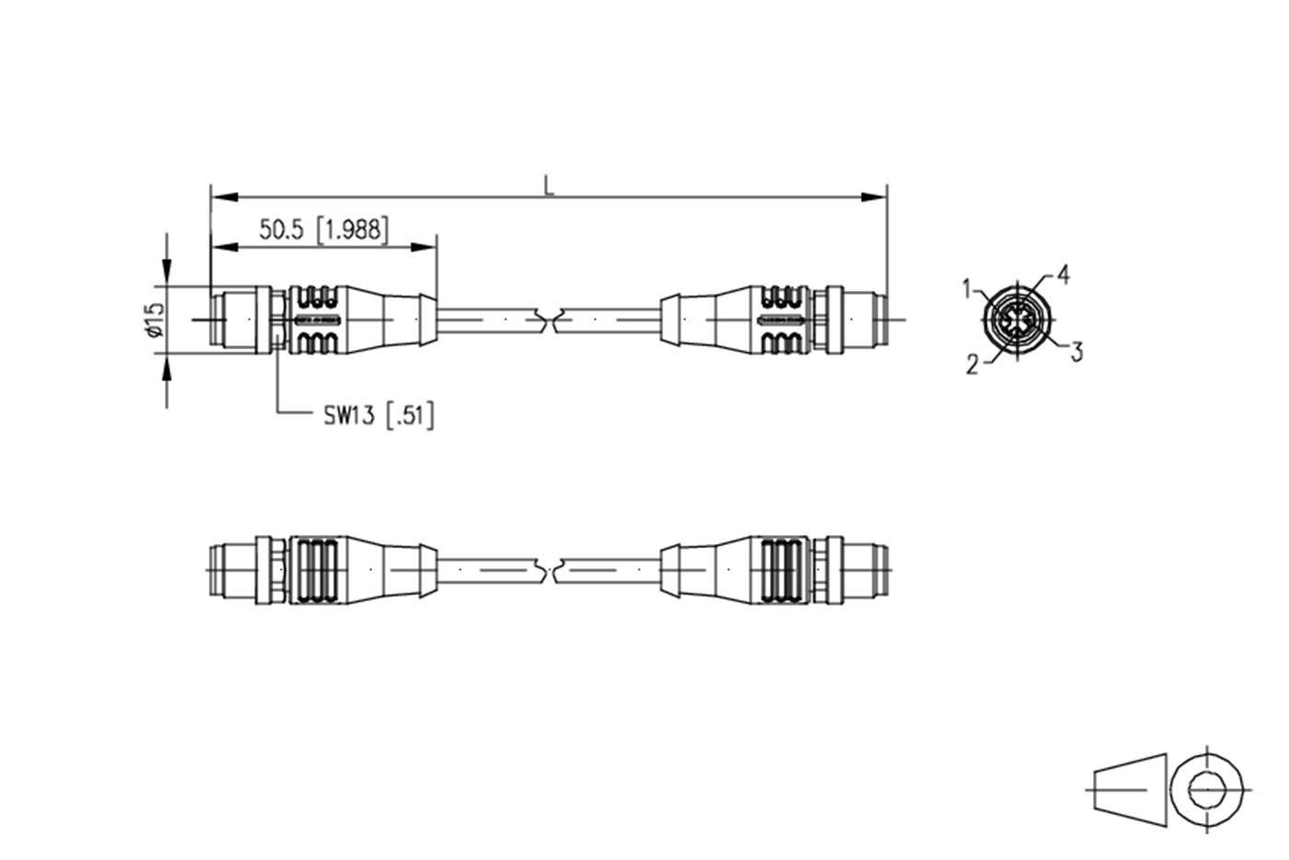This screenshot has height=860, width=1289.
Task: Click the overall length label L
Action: (x=550, y=185)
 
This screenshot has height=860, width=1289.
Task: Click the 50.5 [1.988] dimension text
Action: (x=324, y=229)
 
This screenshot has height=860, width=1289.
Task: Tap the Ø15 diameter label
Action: (x=155, y=320)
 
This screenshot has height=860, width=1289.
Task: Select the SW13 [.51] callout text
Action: (x=378, y=415)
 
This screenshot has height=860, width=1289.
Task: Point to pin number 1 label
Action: (x=968, y=289)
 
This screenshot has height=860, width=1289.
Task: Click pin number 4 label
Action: (x=1063, y=274)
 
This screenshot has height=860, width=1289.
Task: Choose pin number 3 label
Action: (x=1076, y=352)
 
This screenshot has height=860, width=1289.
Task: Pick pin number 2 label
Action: (x=972, y=365)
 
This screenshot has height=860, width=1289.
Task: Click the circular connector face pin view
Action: (x=1017, y=320)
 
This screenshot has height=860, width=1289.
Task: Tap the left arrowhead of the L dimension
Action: (x=225, y=197)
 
